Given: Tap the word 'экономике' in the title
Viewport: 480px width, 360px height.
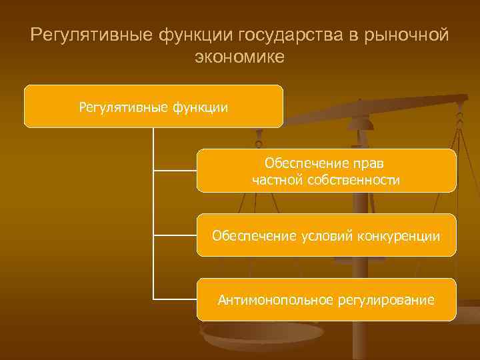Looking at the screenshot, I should (x=239, y=57).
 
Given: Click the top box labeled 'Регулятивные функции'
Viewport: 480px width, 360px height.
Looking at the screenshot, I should (x=153, y=106).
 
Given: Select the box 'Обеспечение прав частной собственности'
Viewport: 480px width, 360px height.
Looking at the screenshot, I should (x=326, y=171).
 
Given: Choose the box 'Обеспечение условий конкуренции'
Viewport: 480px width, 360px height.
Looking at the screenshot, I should (x=326, y=235).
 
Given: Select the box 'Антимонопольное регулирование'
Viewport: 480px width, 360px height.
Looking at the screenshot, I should (x=326, y=300).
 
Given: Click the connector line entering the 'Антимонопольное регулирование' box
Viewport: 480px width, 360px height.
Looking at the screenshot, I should (x=175, y=299).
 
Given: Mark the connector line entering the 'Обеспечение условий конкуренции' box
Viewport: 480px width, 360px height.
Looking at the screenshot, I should (x=175, y=235).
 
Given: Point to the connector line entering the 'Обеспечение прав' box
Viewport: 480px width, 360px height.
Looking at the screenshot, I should (x=175, y=171).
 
